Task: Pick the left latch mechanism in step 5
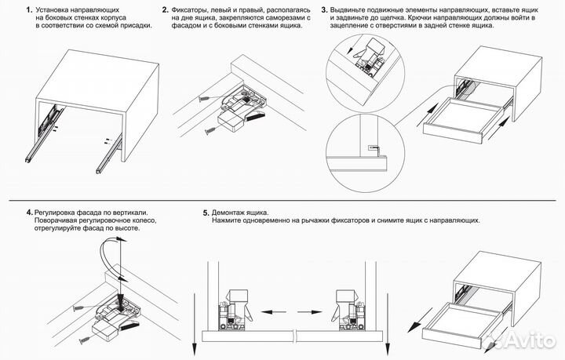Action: coord(234,307)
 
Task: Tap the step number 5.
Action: coord(206,213)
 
